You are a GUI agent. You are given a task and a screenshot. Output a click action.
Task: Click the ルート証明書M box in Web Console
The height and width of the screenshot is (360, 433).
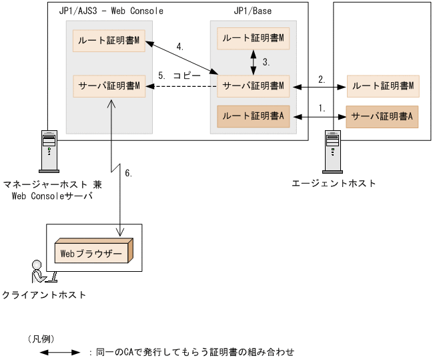109,41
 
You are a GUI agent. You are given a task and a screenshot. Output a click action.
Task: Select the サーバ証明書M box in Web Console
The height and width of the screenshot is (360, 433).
109,85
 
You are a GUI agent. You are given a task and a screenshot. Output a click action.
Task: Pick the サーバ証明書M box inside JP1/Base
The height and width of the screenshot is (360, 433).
253,85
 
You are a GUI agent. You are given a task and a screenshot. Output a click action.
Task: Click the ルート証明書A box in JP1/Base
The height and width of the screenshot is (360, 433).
253,116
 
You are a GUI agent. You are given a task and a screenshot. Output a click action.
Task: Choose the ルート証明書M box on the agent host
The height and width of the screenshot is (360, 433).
382,85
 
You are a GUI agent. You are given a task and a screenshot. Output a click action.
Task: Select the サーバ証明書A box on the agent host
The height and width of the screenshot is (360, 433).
382,116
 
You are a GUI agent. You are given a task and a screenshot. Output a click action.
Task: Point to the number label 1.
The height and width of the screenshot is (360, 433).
323,107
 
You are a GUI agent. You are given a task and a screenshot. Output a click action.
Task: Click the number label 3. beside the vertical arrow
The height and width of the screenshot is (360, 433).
266,62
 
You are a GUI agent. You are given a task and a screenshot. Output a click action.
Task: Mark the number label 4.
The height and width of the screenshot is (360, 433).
179,47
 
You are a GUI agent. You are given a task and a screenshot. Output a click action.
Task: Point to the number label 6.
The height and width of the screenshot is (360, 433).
129,173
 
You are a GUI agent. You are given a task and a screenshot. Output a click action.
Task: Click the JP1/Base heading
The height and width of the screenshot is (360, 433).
253,11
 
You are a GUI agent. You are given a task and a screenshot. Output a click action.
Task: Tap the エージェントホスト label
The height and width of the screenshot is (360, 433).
334,183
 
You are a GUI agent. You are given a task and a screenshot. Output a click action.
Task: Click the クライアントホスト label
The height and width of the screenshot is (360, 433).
44,295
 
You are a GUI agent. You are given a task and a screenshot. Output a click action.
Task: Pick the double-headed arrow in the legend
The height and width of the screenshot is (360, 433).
61,351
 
